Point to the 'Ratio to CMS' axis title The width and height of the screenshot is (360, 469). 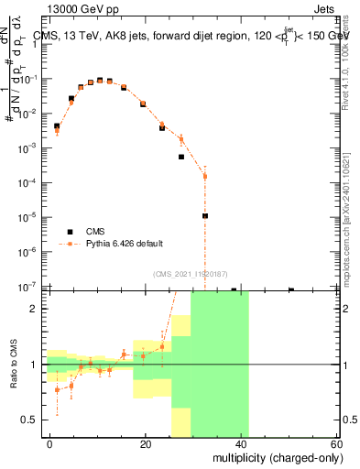[15, 364]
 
